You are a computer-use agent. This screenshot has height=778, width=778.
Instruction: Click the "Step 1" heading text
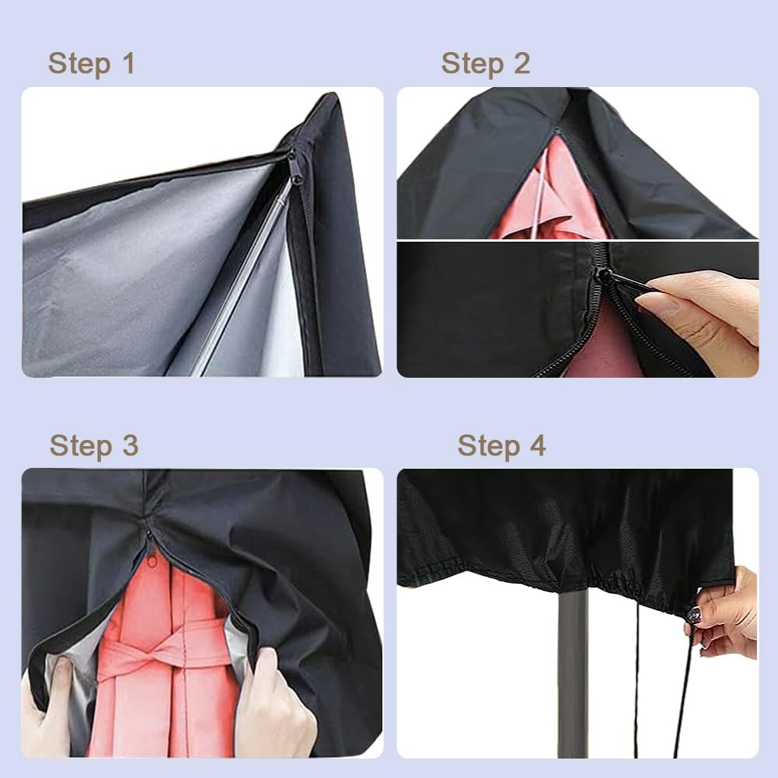[x=91, y=64]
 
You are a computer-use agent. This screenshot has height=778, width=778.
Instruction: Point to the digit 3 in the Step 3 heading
[x=129, y=446]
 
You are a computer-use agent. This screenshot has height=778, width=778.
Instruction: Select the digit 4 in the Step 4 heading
[x=537, y=446]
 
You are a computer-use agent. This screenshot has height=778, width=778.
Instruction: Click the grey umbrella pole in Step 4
[x=573, y=676]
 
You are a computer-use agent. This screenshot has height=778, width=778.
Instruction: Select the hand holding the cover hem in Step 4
[x=727, y=614]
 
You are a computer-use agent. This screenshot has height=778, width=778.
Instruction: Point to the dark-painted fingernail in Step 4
[x=694, y=616]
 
